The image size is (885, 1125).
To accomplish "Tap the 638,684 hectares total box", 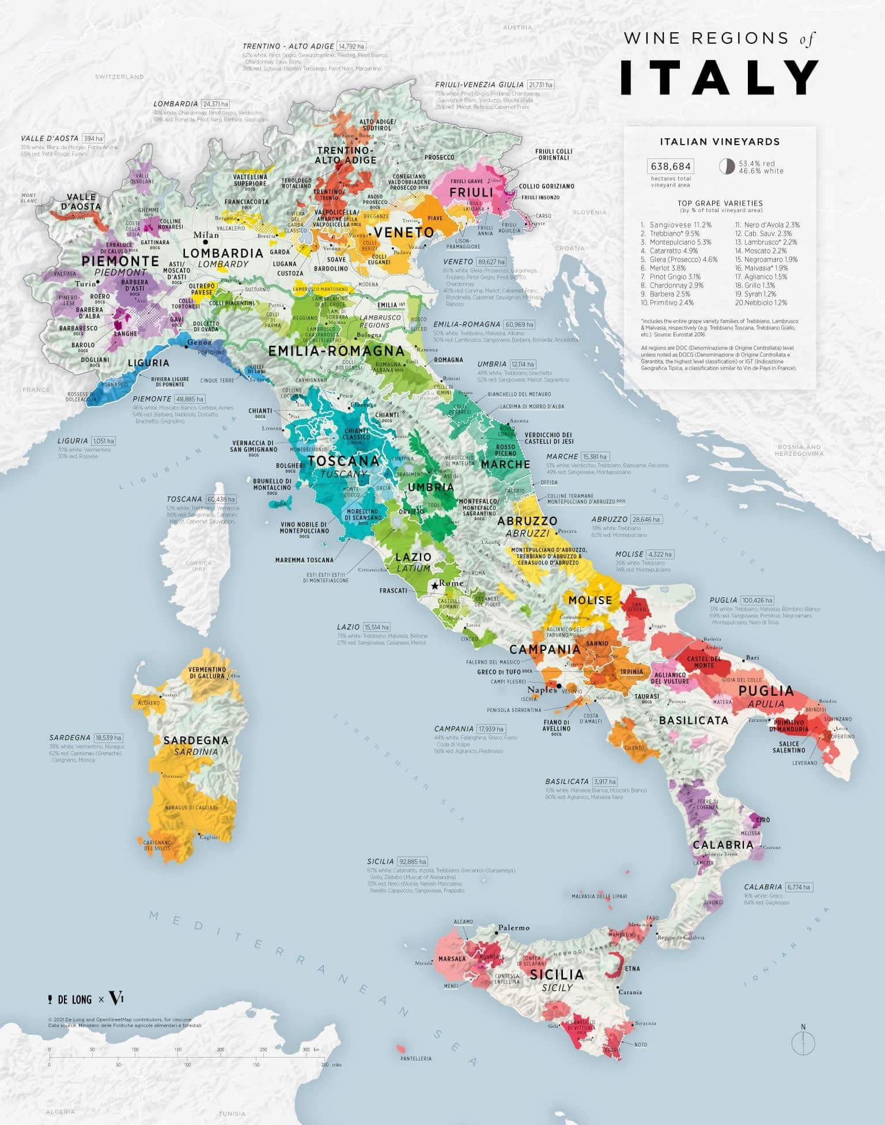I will (x=671, y=166).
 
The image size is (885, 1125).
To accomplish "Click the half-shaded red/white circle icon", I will (x=727, y=166).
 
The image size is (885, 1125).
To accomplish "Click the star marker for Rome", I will (x=434, y=585).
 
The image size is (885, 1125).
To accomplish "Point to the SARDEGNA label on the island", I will (x=196, y=740).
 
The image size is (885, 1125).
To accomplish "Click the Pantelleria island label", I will (x=416, y=1058).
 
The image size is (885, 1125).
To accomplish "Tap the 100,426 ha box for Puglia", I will (x=757, y=600).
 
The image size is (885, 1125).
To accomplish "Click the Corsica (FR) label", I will (x=199, y=565).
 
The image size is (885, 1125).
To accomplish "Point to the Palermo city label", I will (x=514, y=927).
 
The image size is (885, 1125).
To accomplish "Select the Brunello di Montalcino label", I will (x=272, y=484).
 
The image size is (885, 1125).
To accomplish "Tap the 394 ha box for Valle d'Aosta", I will (x=93, y=139).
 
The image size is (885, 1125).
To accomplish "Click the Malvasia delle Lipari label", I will (x=599, y=896).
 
